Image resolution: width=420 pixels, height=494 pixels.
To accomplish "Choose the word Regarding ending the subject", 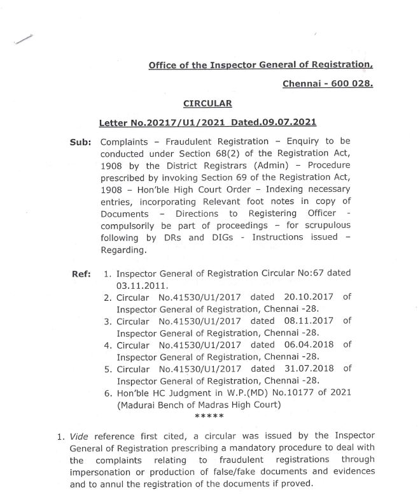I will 123,250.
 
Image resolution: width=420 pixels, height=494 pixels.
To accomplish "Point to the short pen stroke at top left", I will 23,40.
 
